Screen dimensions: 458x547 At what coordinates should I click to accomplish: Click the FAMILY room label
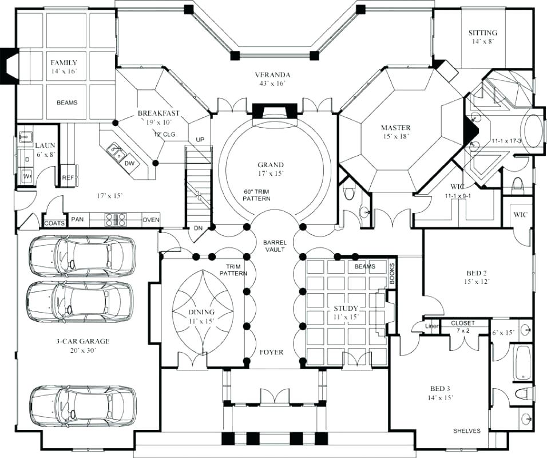point(63,62)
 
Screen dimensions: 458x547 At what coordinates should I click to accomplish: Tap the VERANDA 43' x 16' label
point(272,75)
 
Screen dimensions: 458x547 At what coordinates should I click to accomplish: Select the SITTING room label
point(482,33)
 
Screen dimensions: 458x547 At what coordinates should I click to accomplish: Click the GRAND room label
point(271,165)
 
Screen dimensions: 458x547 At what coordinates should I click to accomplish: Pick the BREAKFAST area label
point(158,113)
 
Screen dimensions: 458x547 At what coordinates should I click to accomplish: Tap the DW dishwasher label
point(129,163)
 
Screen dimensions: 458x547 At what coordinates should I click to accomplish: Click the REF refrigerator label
point(68,177)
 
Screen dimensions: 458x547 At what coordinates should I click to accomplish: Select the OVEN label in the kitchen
point(150,219)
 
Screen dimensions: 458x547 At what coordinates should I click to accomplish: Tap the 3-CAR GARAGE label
point(82,341)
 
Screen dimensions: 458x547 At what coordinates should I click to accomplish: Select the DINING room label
point(201,312)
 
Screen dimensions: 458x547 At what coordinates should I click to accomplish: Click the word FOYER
point(271,352)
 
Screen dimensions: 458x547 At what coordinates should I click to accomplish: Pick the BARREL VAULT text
point(275,246)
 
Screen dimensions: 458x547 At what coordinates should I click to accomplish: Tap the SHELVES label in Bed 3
point(467,431)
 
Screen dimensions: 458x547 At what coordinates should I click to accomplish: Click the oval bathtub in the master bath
point(533,130)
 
